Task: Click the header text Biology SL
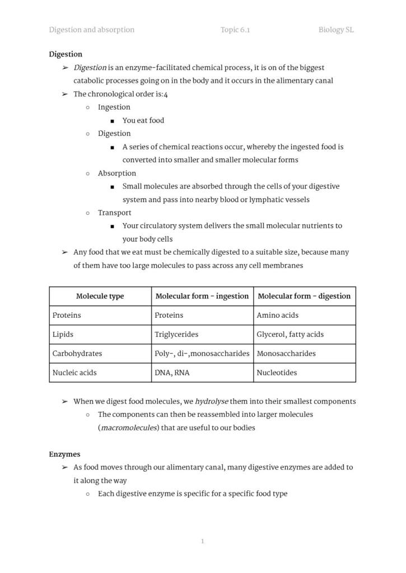[x=336, y=30]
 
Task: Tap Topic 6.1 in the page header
[x=235, y=30]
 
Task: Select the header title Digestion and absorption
[x=92, y=30]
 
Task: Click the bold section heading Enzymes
[x=64, y=454]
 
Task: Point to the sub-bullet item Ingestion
[x=114, y=107]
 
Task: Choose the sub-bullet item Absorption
[x=116, y=173]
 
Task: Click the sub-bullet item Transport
[x=114, y=213]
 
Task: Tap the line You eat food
[x=143, y=120]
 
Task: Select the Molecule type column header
[x=100, y=296]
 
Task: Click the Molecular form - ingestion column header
[x=202, y=296]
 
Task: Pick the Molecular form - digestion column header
[x=304, y=296]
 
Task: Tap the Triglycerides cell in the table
[x=176, y=334]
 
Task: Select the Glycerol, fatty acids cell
[x=290, y=334]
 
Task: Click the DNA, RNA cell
[x=171, y=372]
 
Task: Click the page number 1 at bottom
[x=202, y=541]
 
